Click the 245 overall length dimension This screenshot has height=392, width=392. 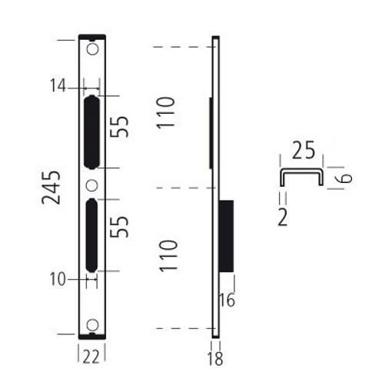tap(51, 188)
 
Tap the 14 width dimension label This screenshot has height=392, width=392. tap(58, 85)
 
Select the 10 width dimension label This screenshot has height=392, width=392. tap(58, 279)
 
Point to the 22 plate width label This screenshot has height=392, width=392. tap(91, 357)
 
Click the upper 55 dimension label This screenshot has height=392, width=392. tap(119, 127)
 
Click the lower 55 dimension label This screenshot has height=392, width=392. tap(119, 227)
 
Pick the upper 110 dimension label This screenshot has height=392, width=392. tap(166, 113)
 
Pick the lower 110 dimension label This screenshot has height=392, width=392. tap(168, 256)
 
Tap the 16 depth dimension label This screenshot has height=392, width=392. tap(228, 300)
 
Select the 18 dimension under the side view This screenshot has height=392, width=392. tap(215, 358)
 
